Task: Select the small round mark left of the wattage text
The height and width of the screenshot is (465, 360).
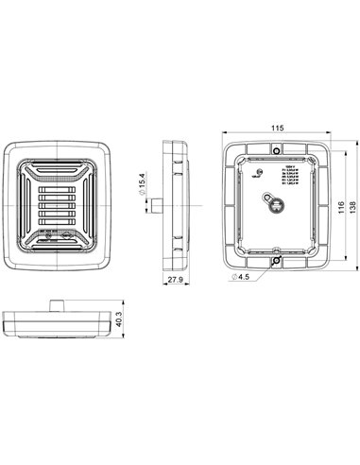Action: (x=261, y=172)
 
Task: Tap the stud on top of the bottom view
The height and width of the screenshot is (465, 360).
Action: (x=59, y=303)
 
